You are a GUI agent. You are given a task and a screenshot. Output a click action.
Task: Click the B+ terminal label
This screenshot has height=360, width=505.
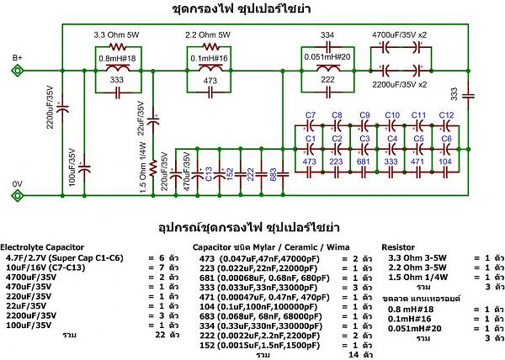pyautogui.click(x=16, y=57)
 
